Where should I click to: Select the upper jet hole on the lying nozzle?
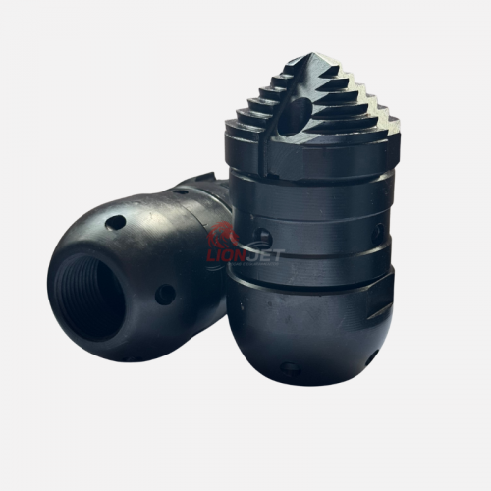[x=115, y=223]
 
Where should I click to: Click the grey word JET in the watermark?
[x=263, y=255]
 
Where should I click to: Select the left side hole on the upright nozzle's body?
[x=264, y=237]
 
